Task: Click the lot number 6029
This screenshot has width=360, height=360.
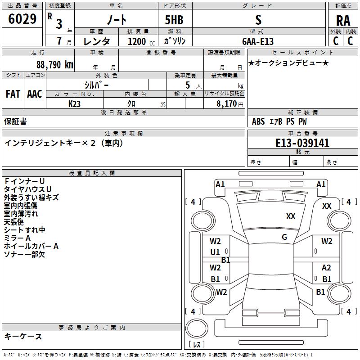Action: [x=22, y=19]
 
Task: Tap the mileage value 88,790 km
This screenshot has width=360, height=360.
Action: [x=54, y=64]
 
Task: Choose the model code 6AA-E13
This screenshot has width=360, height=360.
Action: [x=258, y=41]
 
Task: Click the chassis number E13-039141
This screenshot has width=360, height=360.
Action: [x=302, y=143]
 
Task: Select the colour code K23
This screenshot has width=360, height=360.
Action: [x=75, y=103]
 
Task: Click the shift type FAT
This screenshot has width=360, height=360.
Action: [x=13, y=94]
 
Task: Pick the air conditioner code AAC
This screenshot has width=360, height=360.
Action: [x=35, y=94]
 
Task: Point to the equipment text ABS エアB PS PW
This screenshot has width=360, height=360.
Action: [x=280, y=121]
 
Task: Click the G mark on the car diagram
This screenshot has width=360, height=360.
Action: [x=284, y=237]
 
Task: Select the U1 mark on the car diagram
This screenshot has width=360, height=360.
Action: [x=215, y=252]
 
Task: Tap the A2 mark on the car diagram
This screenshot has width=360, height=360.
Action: [x=327, y=268]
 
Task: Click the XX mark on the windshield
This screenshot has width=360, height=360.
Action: [x=291, y=216]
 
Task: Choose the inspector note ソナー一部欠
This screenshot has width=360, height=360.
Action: [x=24, y=254]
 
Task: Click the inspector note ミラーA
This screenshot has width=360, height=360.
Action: [x=18, y=238]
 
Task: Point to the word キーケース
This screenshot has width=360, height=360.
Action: [x=23, y=336]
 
